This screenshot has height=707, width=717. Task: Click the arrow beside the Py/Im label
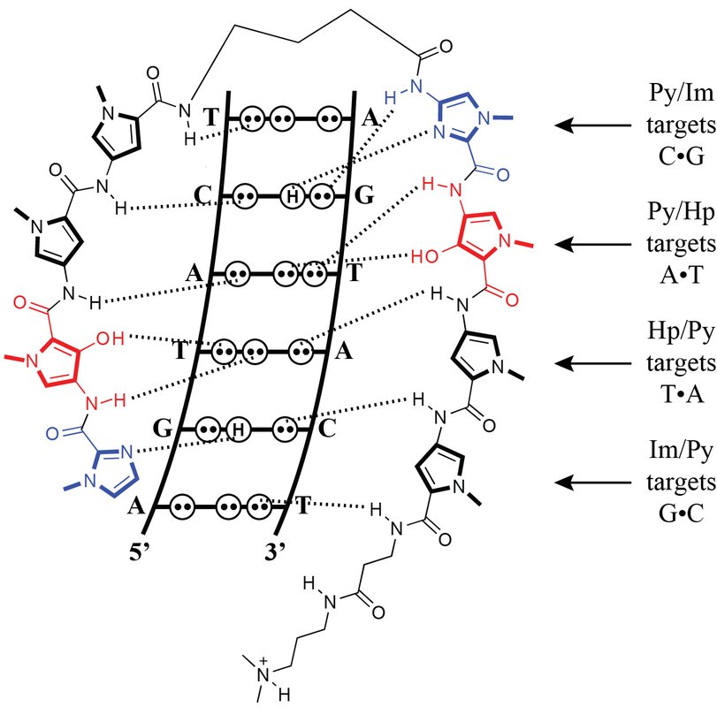click(593, 126)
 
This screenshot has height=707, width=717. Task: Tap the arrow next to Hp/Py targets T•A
click(593, 362)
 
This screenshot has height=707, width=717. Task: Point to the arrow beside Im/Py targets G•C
click(593, 482)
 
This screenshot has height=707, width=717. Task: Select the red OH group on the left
click(119, 336)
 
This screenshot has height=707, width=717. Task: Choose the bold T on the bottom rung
click(302, 506)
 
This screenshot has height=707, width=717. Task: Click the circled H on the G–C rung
click(238, 429)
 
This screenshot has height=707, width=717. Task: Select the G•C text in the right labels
click(677, 510)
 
